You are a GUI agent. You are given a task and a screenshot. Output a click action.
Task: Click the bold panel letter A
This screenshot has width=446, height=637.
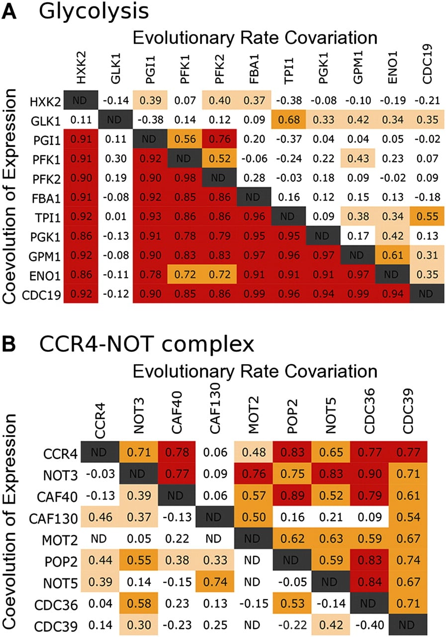9,11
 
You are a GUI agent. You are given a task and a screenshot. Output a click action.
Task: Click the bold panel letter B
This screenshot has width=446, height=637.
9,344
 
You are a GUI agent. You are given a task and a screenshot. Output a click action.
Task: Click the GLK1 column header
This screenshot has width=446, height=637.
116,68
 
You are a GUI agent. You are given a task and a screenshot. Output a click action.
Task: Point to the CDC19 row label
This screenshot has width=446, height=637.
41,295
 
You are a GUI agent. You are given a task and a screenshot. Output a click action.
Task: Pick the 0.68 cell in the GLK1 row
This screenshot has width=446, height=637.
288,120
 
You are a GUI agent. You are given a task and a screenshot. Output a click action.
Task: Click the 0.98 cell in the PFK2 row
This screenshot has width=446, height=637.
185,178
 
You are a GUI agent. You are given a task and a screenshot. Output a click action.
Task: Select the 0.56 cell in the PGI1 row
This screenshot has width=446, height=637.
185,139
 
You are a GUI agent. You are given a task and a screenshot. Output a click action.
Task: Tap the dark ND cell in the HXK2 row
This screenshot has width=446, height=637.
81,100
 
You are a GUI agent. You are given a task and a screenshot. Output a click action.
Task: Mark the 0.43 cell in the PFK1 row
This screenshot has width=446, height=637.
358,158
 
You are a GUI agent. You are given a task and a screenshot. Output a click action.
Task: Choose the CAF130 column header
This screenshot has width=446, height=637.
215,408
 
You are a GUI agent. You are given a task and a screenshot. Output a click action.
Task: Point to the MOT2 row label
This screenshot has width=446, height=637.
60,540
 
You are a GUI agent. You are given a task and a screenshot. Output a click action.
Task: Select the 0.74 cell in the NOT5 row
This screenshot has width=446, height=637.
215,582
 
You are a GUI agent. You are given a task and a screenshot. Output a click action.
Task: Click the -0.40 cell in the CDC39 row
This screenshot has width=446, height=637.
369,625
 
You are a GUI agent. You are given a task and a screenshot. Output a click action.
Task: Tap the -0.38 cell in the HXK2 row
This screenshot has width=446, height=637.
288,101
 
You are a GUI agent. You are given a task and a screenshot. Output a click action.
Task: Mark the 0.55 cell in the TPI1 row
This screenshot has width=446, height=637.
427,216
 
